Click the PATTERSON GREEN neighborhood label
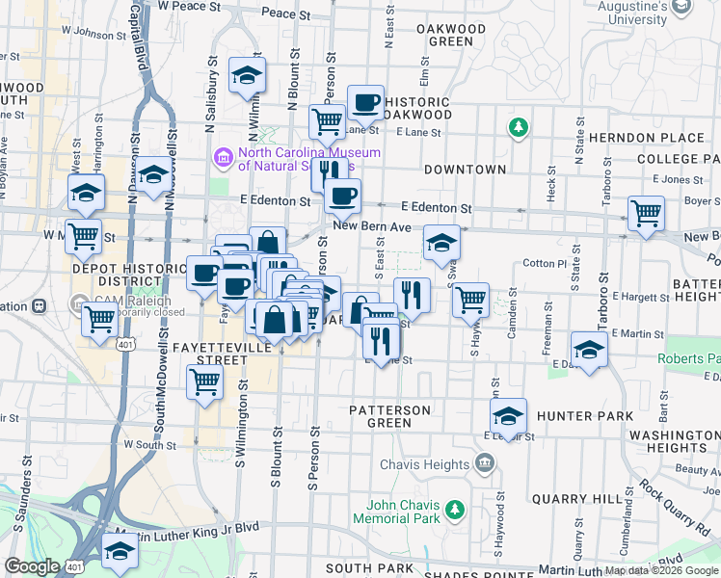click(x=390, y=416)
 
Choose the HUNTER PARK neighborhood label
click(x=586, y=416)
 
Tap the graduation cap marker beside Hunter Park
click(x=508, y=416)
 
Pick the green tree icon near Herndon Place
click(x=519, y=127)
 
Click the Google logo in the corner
click(x=32, y=566)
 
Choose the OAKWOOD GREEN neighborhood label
click(x=450, y=35)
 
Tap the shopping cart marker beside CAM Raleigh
click(x=100, y=319)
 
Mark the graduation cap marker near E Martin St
click(x=589, y=348)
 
